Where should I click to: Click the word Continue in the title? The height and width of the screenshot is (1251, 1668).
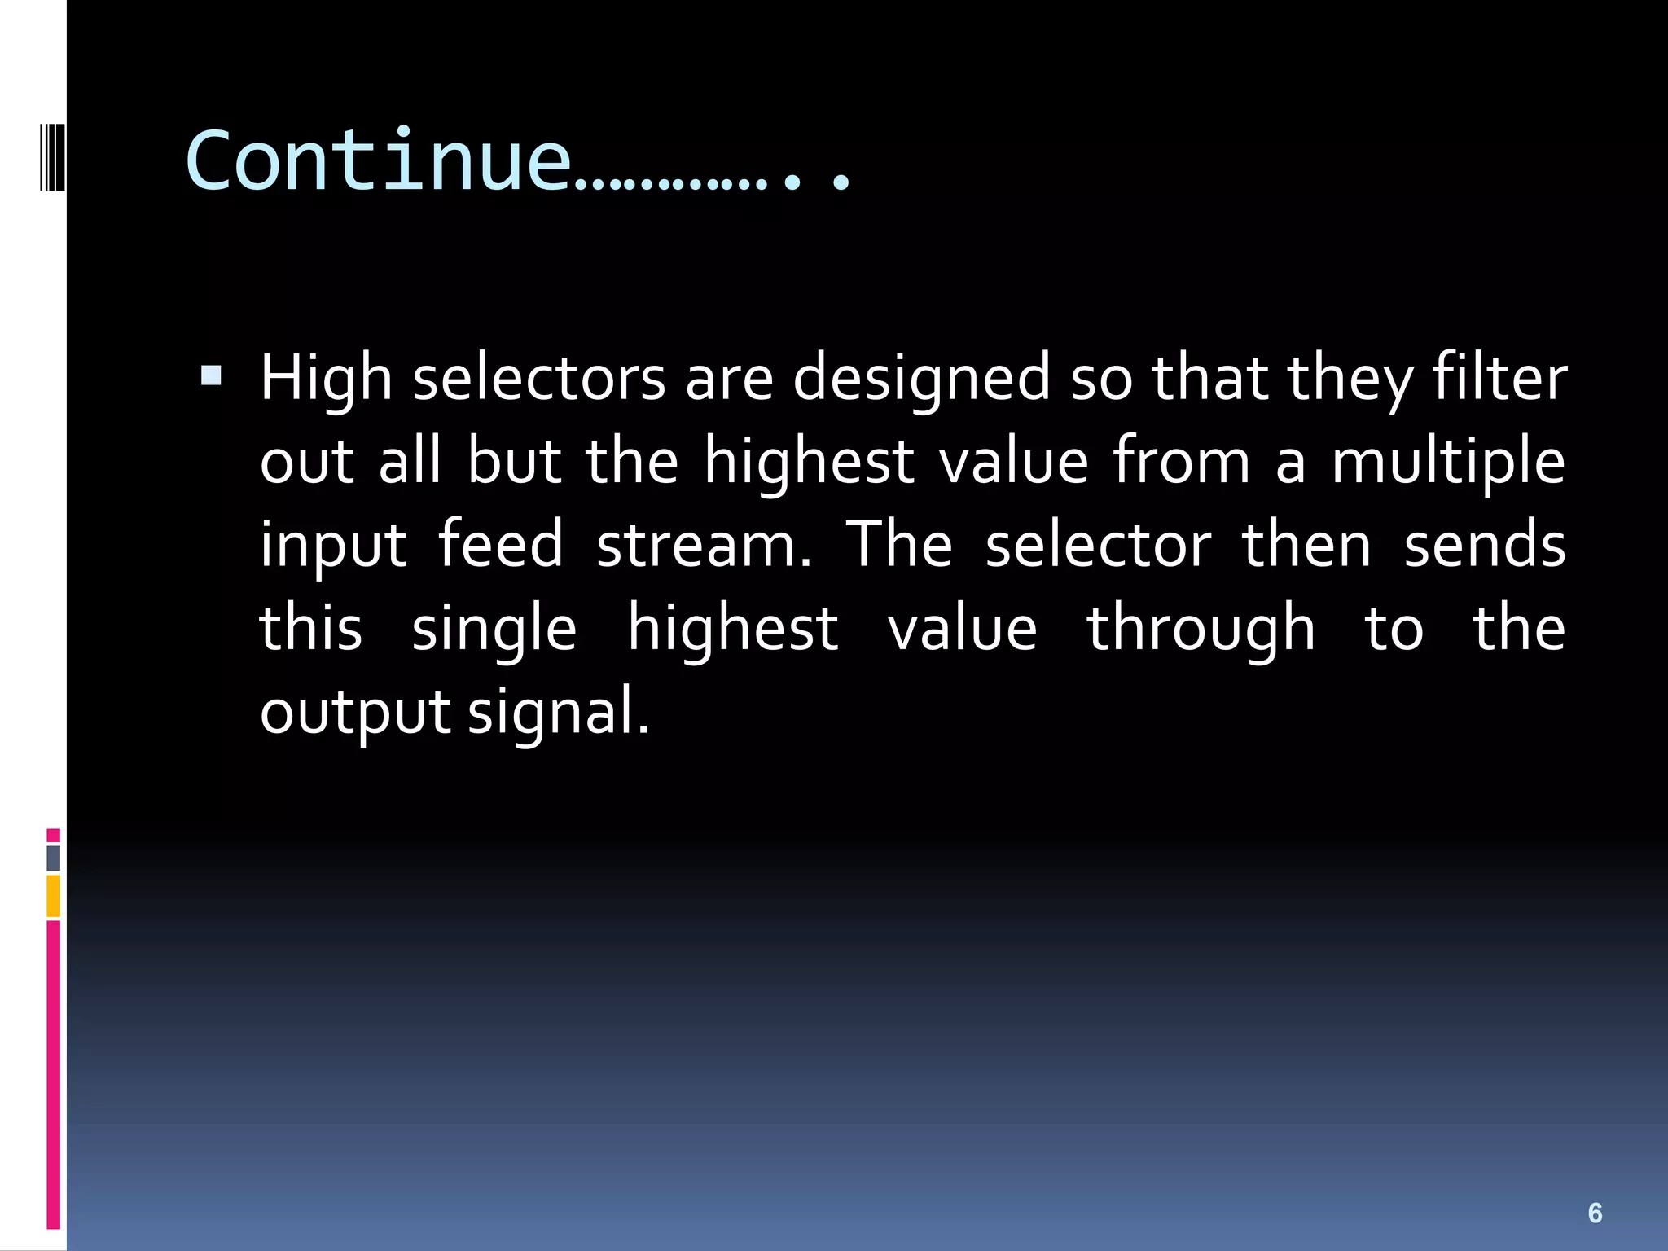pyautogui.click(x=378, y=161)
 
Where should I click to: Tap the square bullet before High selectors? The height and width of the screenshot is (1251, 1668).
pyautogui.click(x=211, y=375)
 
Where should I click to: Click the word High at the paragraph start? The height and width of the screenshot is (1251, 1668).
pyautogui.click(x=327, y=380)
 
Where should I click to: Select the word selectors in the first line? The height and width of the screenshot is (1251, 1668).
pyautogui.click(x=539, y=380)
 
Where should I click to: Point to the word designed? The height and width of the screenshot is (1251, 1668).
pyautogui.click(x=921, y=380)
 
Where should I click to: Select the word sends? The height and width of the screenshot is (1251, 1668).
pyautogui.click(x=1485, y=545)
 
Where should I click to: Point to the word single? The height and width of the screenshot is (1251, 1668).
pyautogui.click(x=494, y=630)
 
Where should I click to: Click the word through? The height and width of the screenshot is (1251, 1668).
pyautogui.click(x=1201, y=630)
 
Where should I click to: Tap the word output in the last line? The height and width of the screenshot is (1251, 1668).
pyautogui.click(x=354, y=712)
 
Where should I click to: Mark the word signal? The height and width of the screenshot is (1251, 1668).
pyautogui.click(x=559, y=712)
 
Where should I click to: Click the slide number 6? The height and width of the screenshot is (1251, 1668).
pyautogui.click(x=1595, y=1214)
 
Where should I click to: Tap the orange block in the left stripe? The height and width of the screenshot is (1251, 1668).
pyautogui.click(x=53, y=896)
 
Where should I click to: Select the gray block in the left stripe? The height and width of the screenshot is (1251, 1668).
pyautogui.click(x=53, y=858)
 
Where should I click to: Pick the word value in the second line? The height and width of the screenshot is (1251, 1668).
pyautogui.click(x=1013, y=462)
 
